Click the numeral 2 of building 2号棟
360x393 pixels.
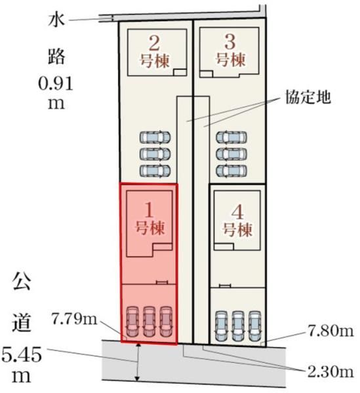(154, 43)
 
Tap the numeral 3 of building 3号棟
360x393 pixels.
(230, 42)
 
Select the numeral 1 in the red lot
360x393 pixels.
(150, 210)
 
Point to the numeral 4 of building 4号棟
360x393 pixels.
(237, 212)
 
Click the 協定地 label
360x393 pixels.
(308, 97)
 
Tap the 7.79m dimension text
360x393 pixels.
(74, 320)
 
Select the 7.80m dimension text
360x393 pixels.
(330, 331)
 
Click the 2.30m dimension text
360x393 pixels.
(330, 372)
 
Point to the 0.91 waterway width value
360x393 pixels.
(56, 84)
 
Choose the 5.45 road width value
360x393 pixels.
(22, 355)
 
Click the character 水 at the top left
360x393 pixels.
(56, 20)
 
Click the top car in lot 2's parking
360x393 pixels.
(155, 138)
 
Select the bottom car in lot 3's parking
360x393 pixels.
(231, 171)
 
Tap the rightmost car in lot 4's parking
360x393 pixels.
(254, 326)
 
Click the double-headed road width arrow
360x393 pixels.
(138, 362)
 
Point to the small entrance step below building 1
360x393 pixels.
(162, 282)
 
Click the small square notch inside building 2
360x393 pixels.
(180, 72)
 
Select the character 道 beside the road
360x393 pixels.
(22, 323)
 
